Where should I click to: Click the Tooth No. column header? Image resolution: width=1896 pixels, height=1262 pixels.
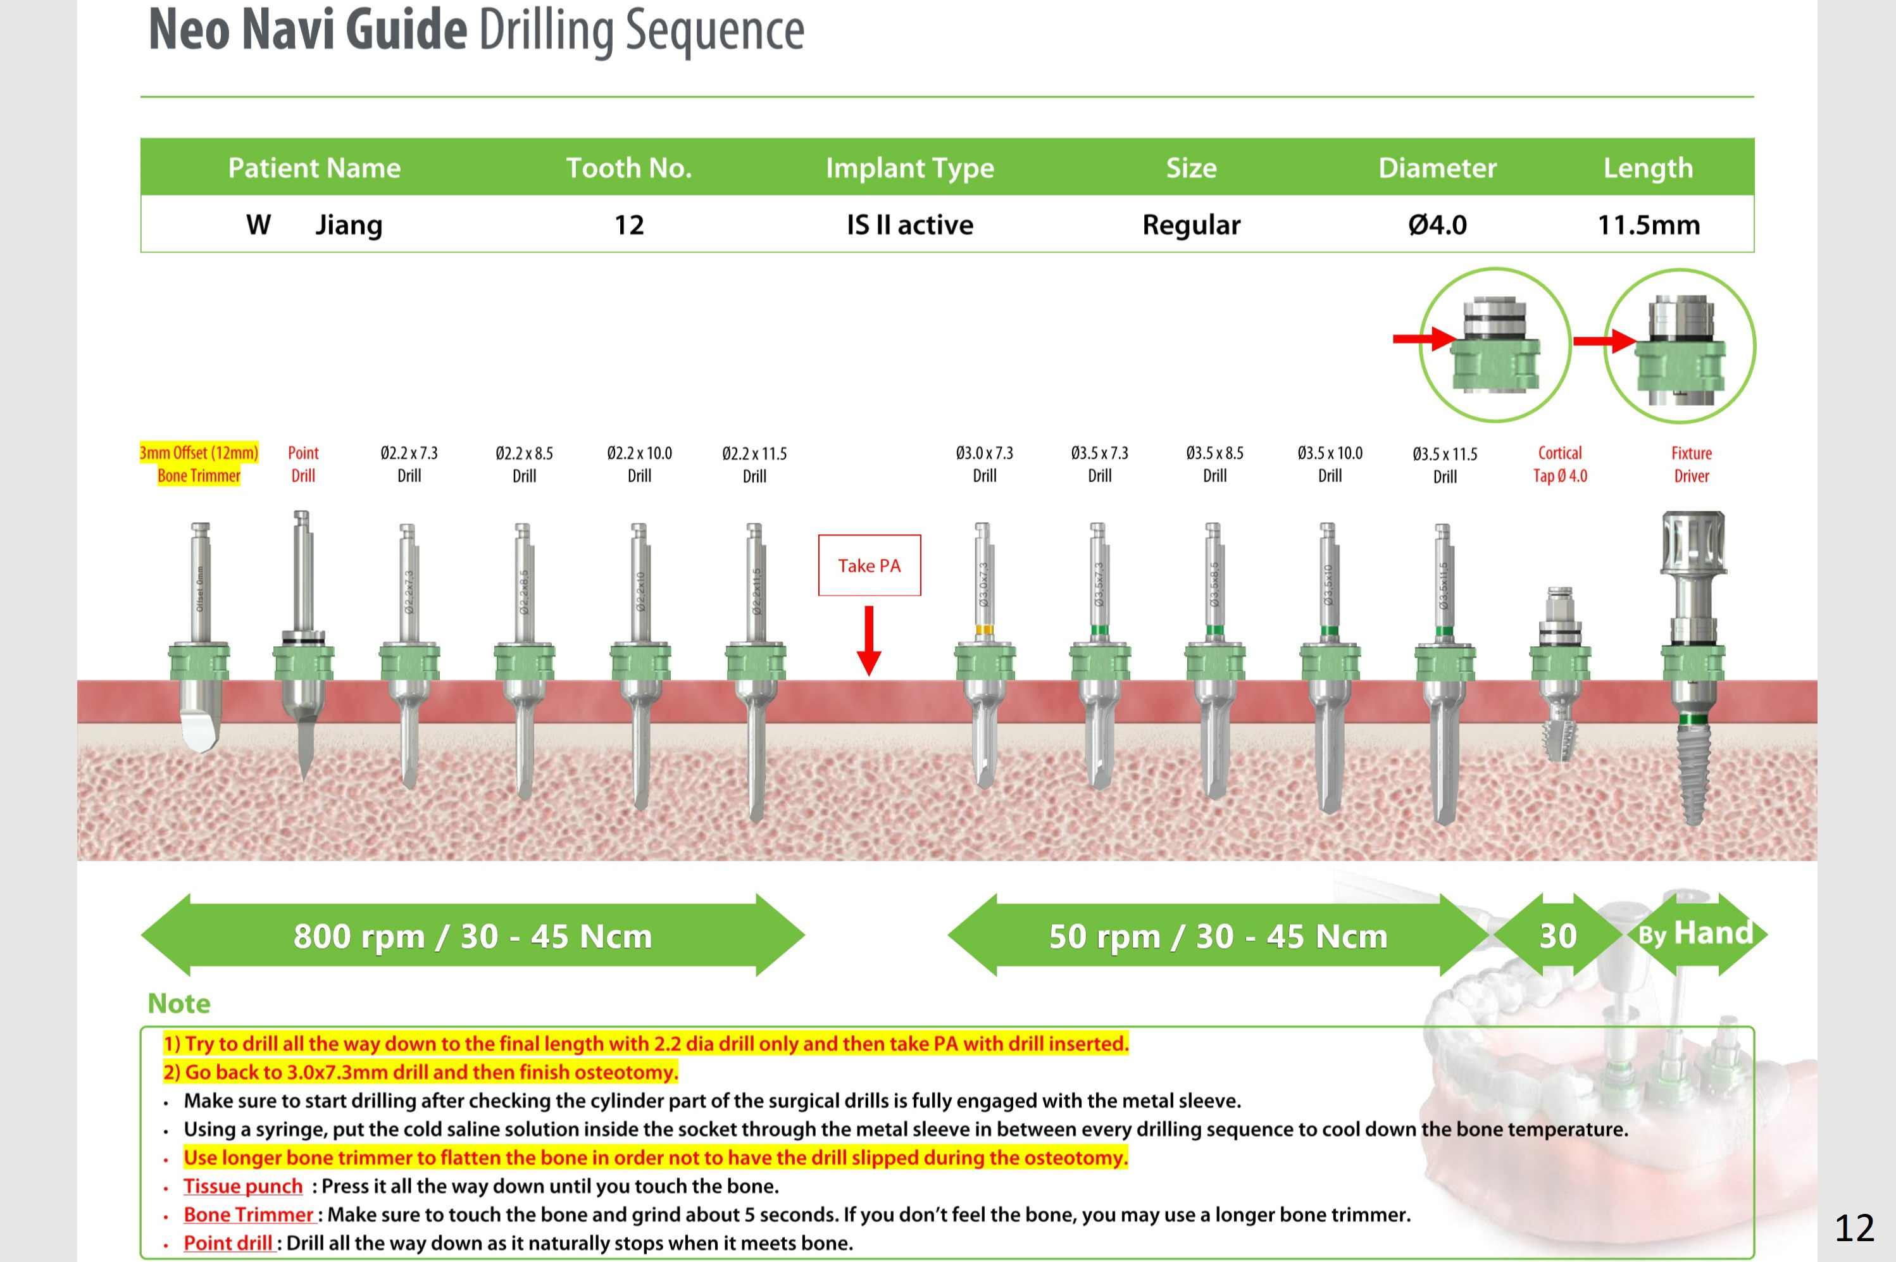tap(628, 168)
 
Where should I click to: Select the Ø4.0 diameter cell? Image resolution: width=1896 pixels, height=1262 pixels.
tap(1437, 225)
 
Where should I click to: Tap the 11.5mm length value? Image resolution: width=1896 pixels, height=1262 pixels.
tap(1648, 225)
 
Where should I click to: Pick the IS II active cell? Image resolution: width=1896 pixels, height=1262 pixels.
tap(909, 225)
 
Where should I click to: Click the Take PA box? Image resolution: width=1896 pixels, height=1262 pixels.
tap(869, 565)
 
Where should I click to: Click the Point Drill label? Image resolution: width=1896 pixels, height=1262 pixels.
tap(303, 465)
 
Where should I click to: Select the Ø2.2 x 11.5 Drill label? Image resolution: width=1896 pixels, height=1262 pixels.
tap(754, 465)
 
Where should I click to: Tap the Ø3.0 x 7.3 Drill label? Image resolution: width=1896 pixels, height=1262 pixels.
tap(984, 465)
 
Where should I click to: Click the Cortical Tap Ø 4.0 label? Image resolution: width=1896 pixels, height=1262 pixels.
tap(1559, 465)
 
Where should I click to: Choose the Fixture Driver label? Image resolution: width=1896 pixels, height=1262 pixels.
tap(1692, 465)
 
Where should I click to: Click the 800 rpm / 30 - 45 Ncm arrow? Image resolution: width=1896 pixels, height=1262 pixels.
tap(472, 935)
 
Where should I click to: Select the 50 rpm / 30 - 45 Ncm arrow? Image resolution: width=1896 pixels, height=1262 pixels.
tap(1218, 935)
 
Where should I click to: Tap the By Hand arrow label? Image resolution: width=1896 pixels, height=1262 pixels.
tap(1695, 934)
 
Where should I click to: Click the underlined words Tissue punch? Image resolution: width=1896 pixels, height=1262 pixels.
tap(243, 1186)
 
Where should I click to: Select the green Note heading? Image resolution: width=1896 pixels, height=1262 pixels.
tap(178, 1004)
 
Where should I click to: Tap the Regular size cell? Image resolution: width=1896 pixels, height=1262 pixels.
tap(1191, 225)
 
